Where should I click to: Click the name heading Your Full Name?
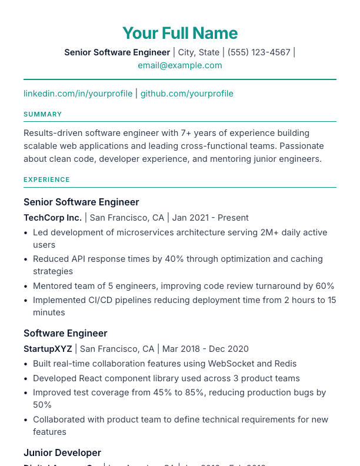(x=180, y=33)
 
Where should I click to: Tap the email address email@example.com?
(x=180, y=65)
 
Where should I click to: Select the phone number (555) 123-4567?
(x=259, y=52)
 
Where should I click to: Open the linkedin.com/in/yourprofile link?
(x=78, y=94)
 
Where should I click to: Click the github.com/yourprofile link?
(x=186, y=94)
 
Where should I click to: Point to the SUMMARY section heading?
(x=43, y=114)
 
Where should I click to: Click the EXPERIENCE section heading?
(x=46, y=179)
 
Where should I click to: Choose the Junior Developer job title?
(x=62, y=452)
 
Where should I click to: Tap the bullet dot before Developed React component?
(x=26, y=378)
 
